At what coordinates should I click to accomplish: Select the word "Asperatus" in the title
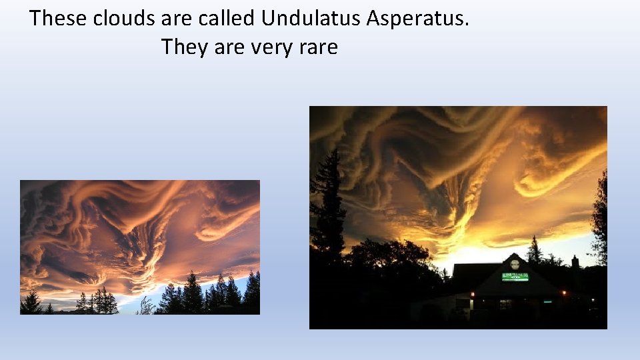(x=418, y=18)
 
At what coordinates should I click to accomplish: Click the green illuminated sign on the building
(x=515, y=277)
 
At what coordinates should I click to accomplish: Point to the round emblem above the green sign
(x=515, y=263)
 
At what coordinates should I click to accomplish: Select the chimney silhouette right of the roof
(x=575, y=261)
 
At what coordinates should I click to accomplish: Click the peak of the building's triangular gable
(x=514, y=254)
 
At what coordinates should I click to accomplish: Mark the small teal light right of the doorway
(x=547, y=302)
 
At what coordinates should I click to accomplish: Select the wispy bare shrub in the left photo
(x=145, y=307)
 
